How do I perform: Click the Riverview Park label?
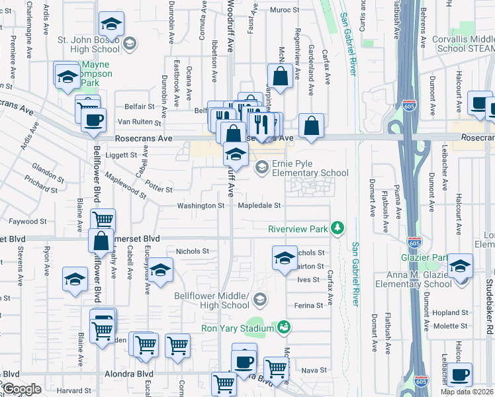[298, 229]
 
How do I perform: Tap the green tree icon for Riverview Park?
[338, 228]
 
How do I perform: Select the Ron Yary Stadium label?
[238, 328]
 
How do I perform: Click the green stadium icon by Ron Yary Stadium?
[284, 328]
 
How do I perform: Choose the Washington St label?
[201, 206]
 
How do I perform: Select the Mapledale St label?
[260, 206]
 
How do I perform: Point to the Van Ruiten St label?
[140, 123]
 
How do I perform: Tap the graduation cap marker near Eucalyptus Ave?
[159, 271]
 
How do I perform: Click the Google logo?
[22, 390]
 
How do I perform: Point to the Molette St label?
[451, 326]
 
